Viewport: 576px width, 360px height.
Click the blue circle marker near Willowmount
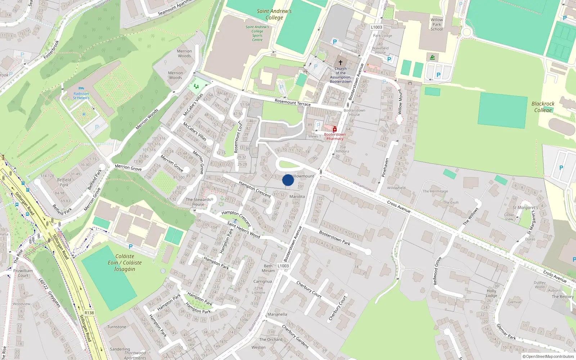[288, 180]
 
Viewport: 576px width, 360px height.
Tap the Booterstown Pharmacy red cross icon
[335, 129]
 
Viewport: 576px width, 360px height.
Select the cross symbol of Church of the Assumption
[341, 63]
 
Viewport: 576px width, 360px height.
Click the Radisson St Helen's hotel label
[81, 96]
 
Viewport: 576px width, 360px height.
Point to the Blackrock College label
[543, 107]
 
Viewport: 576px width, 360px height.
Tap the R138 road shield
[89, 313]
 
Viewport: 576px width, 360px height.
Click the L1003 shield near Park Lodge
[377, 27]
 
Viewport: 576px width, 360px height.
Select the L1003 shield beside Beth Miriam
[283, 266]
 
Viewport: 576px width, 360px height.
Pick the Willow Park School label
[437, 24]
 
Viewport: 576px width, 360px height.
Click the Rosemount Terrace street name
[292, 103]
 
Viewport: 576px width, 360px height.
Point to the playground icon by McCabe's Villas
[196, 86]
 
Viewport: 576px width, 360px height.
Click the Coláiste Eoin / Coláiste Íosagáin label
[125, 263]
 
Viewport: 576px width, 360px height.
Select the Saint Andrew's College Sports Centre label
[257, 33]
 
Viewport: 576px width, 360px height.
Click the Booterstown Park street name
[334, 238]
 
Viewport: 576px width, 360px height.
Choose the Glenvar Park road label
[506, 332]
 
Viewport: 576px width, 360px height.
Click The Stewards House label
[198, 202]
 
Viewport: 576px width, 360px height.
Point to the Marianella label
[277, 314]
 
